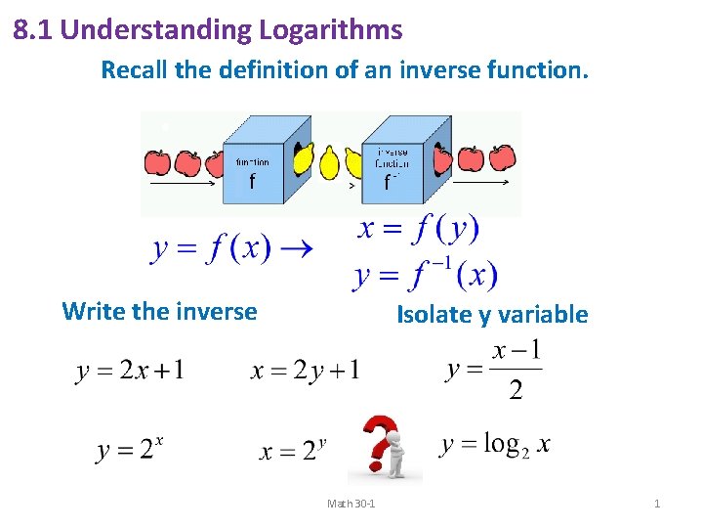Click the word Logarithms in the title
[330, 30]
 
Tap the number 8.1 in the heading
[32, 30]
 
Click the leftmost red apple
[156, 161]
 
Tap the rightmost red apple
[502, 156]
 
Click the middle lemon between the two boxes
[329, 161]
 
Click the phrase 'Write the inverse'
[159, 311]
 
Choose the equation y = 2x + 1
[130, 371]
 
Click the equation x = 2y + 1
[306, 371]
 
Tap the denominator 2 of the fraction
[517, 391]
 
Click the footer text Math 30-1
[352, 504]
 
